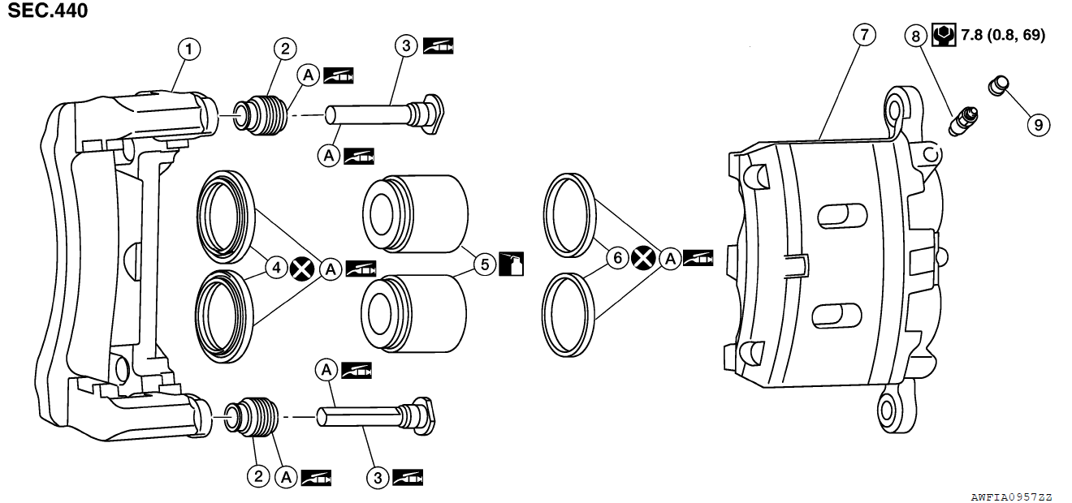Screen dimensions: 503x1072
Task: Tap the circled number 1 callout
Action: coord(189,49)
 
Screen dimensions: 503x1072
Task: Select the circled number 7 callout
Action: coord(864,35)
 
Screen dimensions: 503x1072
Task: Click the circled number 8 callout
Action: coord(917,36)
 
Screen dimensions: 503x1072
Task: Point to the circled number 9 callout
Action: coord(1037,124)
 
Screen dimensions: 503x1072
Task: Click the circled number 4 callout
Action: coord(276,267)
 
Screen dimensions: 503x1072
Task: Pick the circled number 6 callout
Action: coord(617,258)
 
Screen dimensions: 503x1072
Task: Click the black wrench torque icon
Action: coord(944,35)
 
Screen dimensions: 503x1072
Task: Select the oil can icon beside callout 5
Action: coord(512,264)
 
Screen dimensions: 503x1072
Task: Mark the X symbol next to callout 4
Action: coord(303,268)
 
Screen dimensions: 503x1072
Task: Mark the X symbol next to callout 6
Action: coord(643,258)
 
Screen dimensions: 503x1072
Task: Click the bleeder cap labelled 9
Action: coord(998,85)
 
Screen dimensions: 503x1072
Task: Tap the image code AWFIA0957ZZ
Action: coord(1011,496)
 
